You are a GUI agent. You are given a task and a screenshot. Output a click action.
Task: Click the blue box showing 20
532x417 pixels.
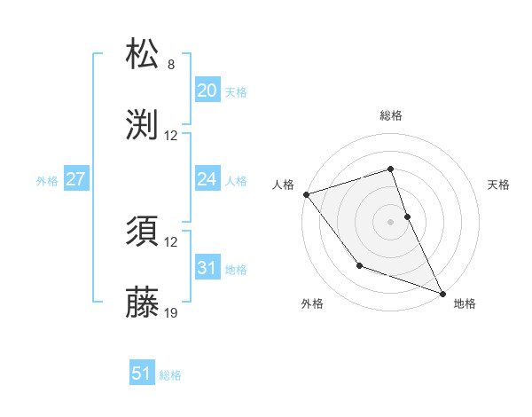[207, 90]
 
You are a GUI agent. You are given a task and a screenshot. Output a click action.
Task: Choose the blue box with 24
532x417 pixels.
[207, 179]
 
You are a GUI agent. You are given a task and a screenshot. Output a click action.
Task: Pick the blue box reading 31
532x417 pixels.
[207, 268]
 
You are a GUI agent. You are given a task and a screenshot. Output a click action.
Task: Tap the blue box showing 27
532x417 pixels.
[75, 179]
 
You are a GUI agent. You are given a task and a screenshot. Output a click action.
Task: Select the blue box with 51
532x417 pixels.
[142, 374]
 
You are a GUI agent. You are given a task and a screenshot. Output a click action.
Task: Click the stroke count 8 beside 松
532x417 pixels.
[171, 65]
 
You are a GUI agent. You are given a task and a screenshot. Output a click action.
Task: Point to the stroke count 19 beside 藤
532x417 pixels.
[172, 312]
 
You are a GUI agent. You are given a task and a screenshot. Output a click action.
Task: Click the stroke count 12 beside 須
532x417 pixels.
[172, 242]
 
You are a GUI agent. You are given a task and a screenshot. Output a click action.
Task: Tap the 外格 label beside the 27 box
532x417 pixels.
[47, 180]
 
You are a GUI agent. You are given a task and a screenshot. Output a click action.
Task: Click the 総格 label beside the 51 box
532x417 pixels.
[170, 375]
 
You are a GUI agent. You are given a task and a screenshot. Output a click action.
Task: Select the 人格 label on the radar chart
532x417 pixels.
[283, 184]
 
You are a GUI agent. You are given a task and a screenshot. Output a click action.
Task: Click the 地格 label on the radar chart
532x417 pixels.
[465, 303]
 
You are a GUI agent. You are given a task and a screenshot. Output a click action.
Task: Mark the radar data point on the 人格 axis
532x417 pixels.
[305, 194]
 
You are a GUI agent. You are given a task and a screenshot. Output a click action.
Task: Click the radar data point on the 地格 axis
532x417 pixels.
[442, 294]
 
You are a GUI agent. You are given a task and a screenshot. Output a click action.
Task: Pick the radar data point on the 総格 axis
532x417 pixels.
[390, 169]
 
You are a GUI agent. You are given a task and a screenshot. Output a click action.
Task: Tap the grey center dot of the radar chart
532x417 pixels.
[390, 222]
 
